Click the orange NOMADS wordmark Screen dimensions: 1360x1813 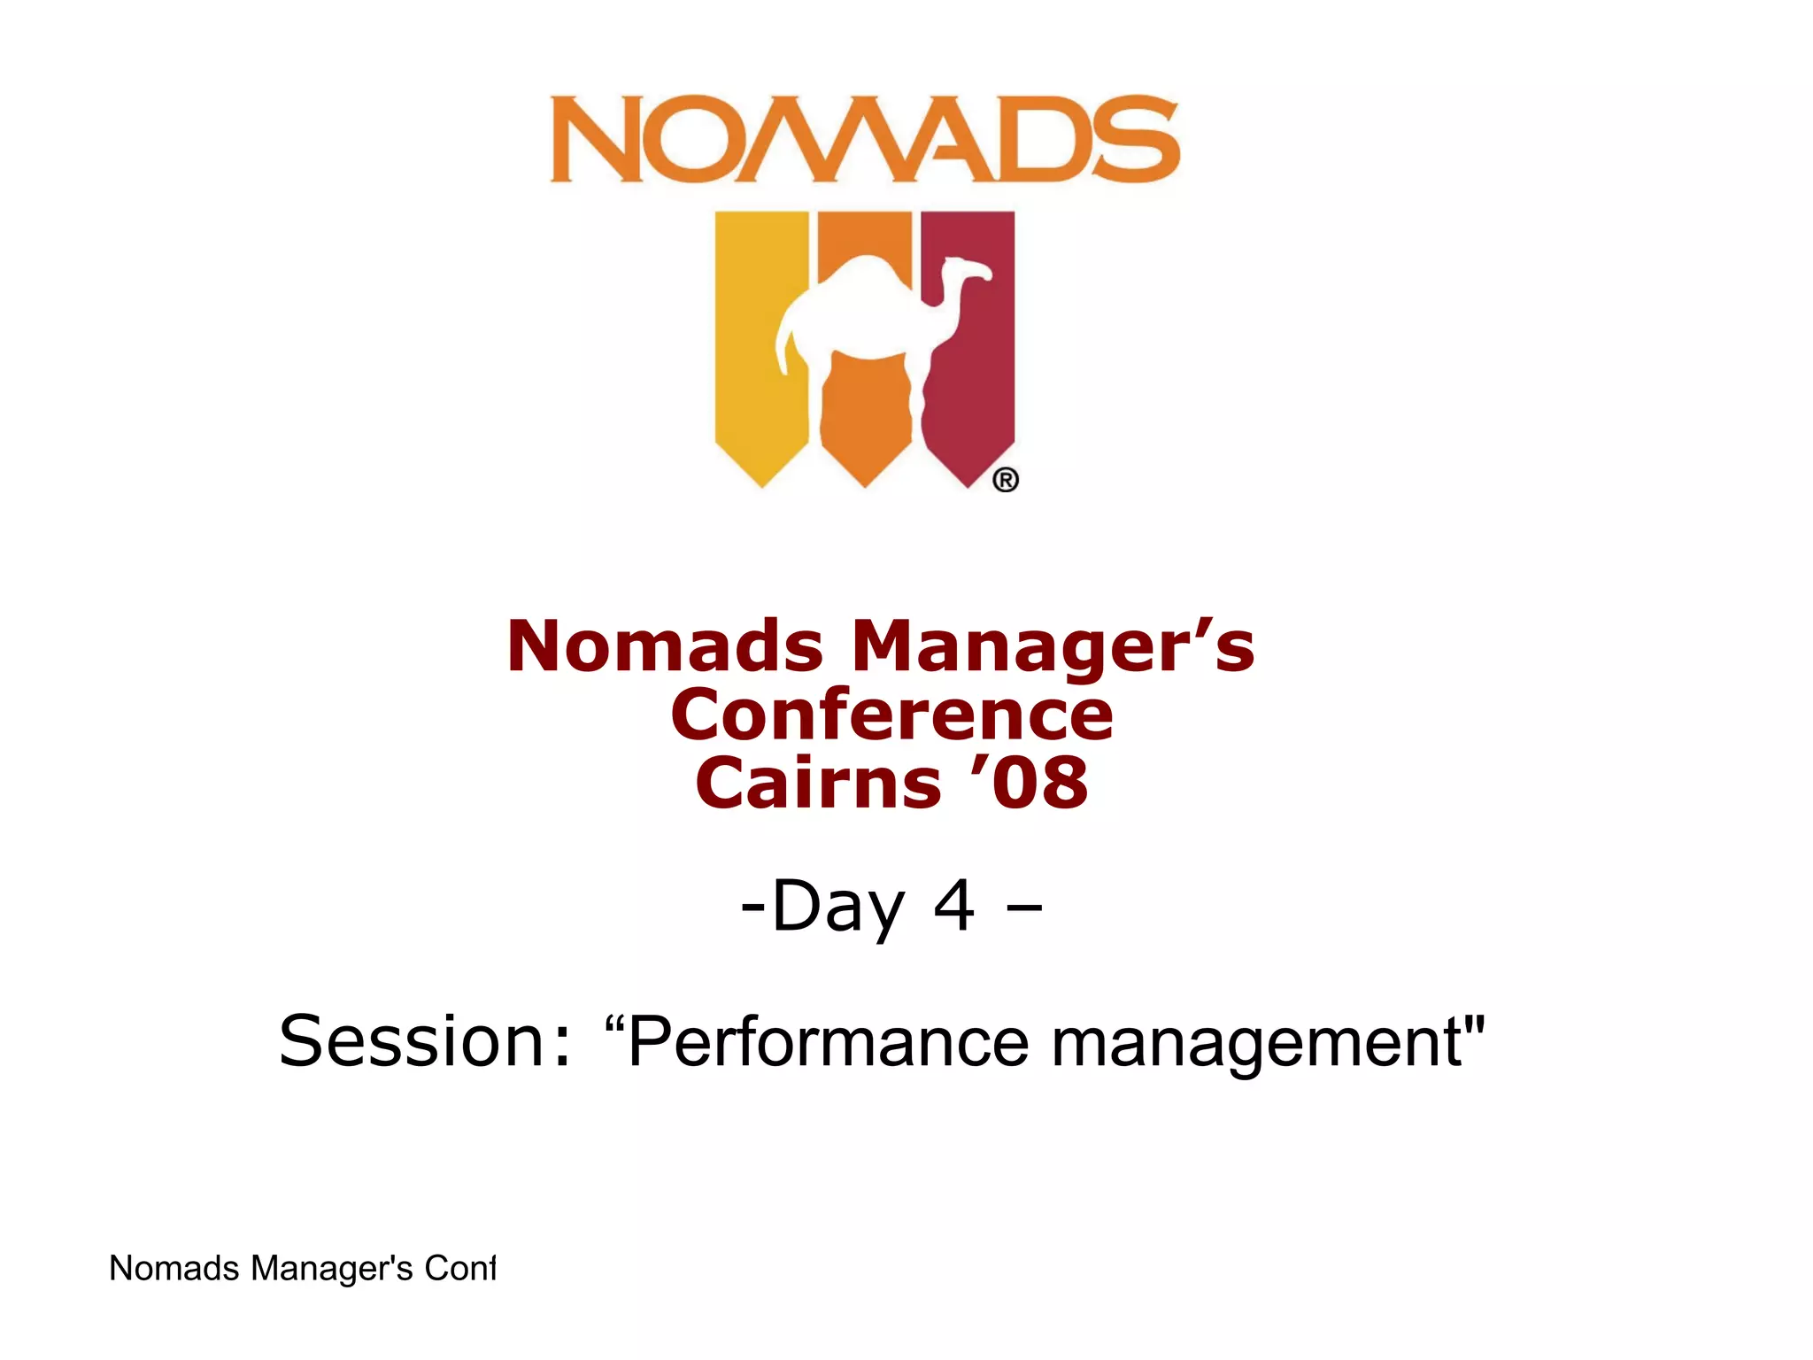(864, 139)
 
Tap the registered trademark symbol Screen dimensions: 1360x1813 (1005, 480)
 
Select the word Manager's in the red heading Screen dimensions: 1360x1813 (1053, 648)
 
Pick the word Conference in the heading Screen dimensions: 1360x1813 (891, 715)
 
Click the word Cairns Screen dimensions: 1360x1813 (818, 783)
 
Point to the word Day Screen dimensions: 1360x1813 (837, 907)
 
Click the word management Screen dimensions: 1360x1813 (1257, 1043)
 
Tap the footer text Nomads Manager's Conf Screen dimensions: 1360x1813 (301, 1268)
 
